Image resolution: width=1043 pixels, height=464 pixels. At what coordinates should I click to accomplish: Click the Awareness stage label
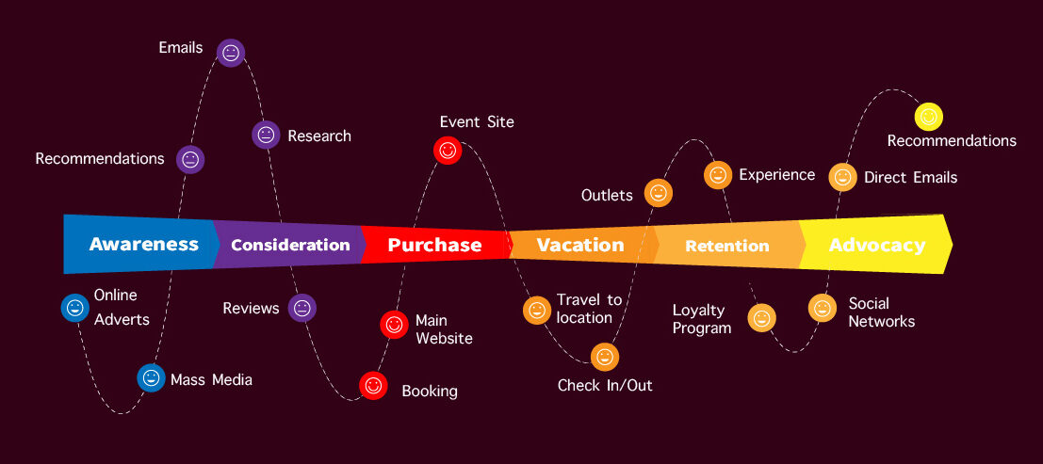click(143, 245)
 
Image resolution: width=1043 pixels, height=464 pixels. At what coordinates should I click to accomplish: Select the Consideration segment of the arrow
click(290, 245)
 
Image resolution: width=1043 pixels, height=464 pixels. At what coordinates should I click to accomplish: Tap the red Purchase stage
click(434, 245)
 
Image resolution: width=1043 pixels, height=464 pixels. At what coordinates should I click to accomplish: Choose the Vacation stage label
click(580, 245)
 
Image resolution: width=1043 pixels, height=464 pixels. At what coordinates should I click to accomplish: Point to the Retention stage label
click(726, 246)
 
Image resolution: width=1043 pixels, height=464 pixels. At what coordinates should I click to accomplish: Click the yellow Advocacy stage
click(876, 245)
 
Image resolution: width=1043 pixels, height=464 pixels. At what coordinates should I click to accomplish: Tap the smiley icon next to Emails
click(231, 53)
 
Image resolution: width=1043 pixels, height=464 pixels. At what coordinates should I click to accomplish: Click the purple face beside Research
click(267, 135)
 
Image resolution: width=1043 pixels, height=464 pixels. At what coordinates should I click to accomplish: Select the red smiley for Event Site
click(448, 150)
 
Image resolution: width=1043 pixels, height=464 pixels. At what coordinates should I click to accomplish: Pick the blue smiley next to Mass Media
click(151, 377)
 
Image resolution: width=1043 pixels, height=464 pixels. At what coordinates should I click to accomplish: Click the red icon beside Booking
click(373, 385)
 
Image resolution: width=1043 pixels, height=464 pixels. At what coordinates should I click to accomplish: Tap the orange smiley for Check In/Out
click(605, 357)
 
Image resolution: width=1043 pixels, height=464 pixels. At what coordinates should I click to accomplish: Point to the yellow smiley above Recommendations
click(928, 117)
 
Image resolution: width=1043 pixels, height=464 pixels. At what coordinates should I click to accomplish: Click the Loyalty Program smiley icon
click(761, 318)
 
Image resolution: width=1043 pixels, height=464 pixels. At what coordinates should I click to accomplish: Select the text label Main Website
click(444, 329)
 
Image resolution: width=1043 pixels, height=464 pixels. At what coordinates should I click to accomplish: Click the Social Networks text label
click(881, 312)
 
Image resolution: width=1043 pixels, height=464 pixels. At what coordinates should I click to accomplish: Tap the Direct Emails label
click(910, 177)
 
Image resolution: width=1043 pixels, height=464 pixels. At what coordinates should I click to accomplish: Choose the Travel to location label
click(589, 308)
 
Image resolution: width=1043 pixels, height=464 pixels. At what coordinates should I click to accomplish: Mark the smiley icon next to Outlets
click(658, 193)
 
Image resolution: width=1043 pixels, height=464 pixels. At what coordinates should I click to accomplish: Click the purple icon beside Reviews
click(301, 307)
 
